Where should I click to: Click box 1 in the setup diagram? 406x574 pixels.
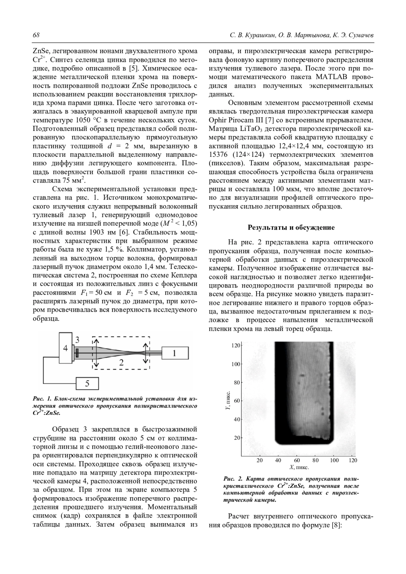pos(174,354)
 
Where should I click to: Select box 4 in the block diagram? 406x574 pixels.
pos(65,348)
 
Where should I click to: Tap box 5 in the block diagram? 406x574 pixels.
pos(87,383)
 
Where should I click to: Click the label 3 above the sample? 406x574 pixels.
pos(77,339)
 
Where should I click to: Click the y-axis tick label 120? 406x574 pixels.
pos(235,345)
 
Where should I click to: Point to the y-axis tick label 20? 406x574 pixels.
pos(237,438)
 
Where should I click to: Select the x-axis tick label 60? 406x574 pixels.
pos(297,460)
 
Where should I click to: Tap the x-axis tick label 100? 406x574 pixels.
pos(334,460)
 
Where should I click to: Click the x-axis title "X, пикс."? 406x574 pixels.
pos(299,468)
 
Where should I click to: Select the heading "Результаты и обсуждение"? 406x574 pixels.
pos(291,228)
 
